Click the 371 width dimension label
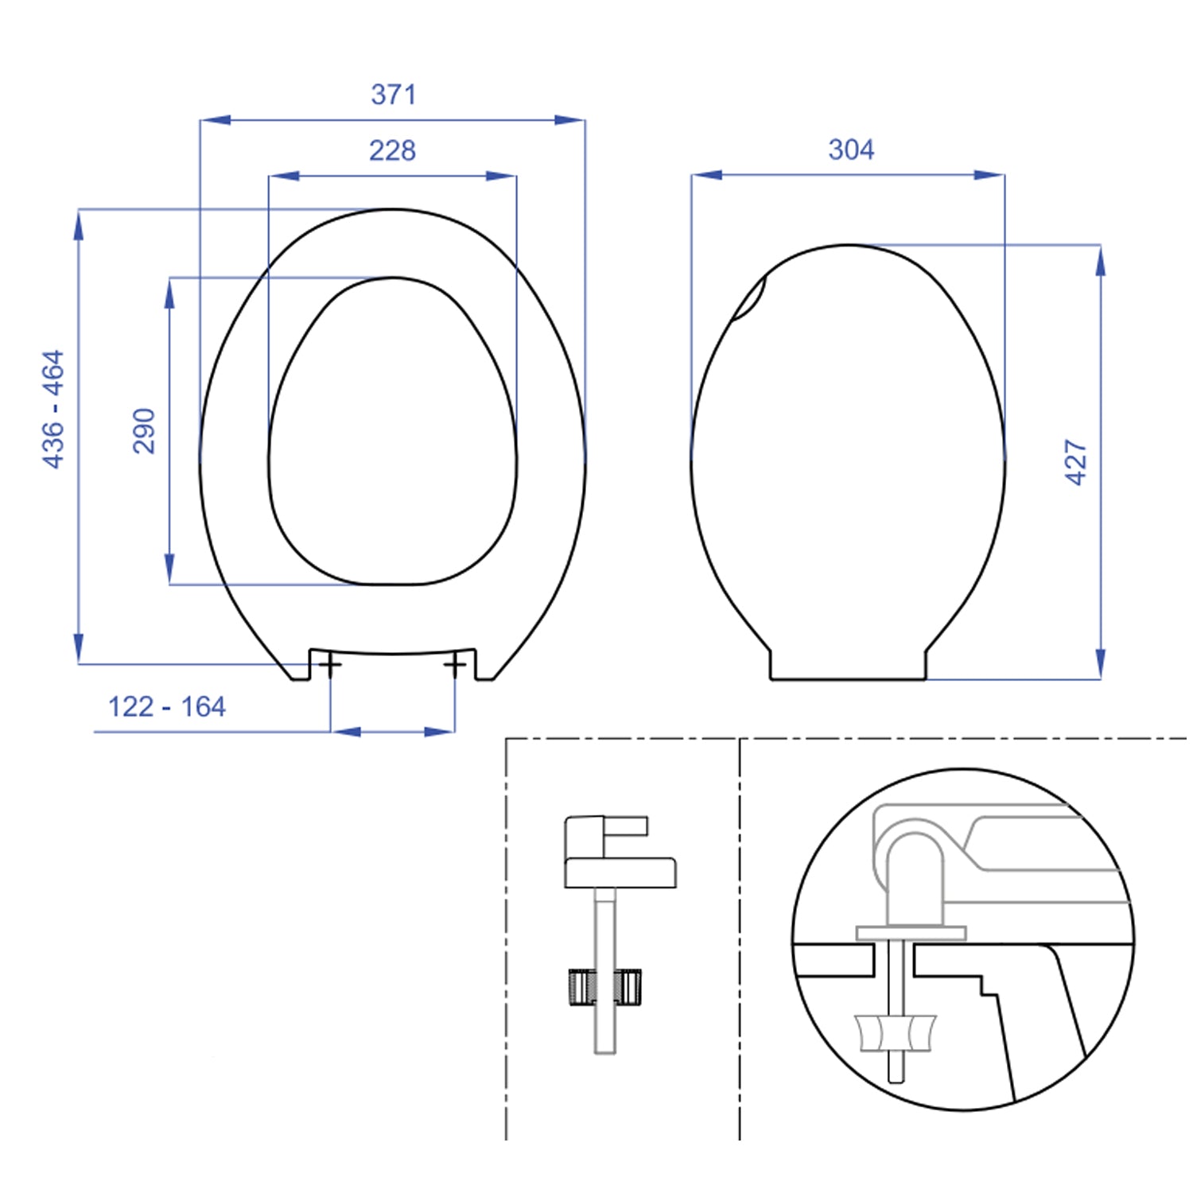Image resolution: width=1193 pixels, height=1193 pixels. click(393, 95)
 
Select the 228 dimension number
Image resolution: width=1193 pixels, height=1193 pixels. click(392, 150)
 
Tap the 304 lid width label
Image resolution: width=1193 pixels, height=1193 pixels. click(851, 150)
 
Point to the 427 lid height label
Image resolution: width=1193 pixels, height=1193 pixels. click(1075, 462)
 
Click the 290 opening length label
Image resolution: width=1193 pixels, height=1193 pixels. click(144, 431)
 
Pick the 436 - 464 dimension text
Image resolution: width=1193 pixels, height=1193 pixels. click(53, 409)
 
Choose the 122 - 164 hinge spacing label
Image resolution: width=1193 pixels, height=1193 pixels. click(167, 706)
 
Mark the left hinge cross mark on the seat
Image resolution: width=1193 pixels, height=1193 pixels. click(330, 664)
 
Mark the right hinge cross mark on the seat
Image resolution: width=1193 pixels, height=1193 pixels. click(455, 664)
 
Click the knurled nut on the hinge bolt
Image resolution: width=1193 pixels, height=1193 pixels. click(605, 987)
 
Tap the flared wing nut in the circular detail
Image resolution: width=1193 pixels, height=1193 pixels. click(896, 1032)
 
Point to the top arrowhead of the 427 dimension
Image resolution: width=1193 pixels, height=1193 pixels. click(1100, 261)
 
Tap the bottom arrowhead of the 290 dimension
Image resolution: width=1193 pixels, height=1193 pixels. click(169, 569)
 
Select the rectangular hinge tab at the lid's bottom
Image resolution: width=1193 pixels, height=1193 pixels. click(848, 665)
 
